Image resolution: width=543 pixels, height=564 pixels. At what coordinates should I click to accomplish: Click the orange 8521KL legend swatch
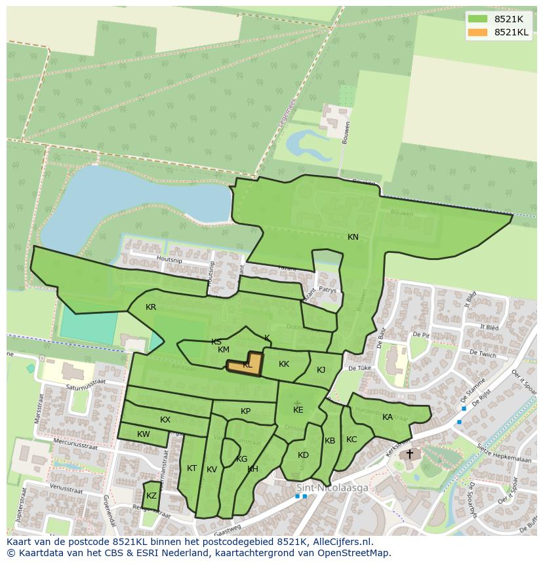pyautogui.click(x=478, y=33)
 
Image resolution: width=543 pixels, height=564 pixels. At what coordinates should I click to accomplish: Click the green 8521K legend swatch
pyautogui.click(x=478, y=19)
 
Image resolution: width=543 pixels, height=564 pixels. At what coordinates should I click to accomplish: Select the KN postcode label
pyautogui.click(x=353, y=237)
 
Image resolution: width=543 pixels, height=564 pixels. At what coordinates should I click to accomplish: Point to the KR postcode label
pyautogui.click(x=151, y=307)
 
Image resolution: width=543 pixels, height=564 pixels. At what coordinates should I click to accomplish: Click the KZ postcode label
pyautogui.click(x=151, y=496)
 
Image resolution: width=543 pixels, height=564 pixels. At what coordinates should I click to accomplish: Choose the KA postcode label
pyautogui.click(x=388, y=417)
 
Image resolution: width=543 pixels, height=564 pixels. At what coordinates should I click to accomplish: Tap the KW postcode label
pyautogui.click(x=144, y=434)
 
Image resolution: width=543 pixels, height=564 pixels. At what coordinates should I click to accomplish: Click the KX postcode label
pyautogui.click(x=165, y=420)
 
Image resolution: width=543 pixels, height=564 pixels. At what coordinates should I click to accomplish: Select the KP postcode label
pyautogui.click(x=245, y=411)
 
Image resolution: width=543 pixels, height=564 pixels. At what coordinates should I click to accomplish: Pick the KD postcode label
pyautogui.click(x=303, y=455)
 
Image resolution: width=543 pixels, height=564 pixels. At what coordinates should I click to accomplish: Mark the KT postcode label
pyautogui.click(x=191, y=468)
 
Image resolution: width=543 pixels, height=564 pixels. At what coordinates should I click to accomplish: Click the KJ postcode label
pyautogui.click(x=321, y=370)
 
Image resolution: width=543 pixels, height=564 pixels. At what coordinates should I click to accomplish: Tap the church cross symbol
pyautogui.click(x=410, y=453)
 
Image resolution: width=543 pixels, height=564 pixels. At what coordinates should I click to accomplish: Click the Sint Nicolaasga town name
pyautogui.click(x=332, y=488)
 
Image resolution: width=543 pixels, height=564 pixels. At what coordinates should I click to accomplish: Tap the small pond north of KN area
pyautogui.click(x=302, y=141)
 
